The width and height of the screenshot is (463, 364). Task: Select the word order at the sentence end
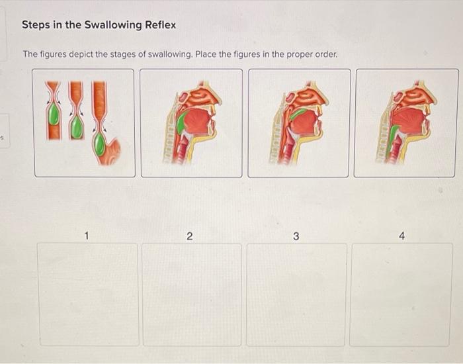coord(324,54)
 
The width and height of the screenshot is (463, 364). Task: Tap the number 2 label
coord(190,236)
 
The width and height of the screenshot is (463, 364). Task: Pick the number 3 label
coord(296,236)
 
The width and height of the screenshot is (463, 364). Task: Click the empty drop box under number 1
coord(87,295)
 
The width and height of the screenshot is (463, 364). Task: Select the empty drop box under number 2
coord(192,295)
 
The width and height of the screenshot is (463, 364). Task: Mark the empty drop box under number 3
coord(296,295)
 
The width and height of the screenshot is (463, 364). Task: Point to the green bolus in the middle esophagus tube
coord(77,127)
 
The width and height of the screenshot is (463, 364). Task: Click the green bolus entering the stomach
coord(99,145)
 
